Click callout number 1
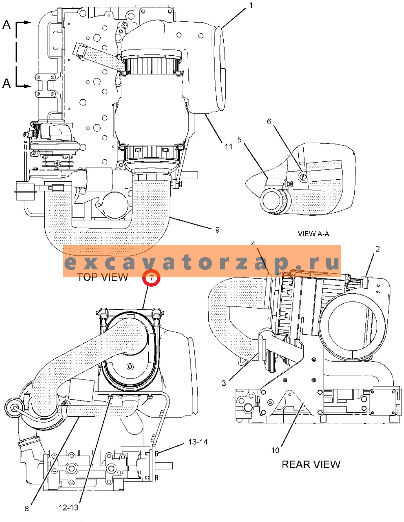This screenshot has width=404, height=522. point(251,5)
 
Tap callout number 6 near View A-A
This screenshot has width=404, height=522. point(269,122)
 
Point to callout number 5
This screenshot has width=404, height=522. point(239,139)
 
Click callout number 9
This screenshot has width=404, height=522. point(217,230)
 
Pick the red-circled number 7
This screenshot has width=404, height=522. point(151,279)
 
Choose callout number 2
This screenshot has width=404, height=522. point(378,249)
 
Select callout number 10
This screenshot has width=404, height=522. point(275,450)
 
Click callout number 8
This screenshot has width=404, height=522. point(27,508)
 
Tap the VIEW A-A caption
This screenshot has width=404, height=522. point(313,233)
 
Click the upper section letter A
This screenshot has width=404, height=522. point(7,25)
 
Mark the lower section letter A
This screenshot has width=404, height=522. point(7,83)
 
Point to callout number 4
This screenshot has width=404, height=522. point(253,244)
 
